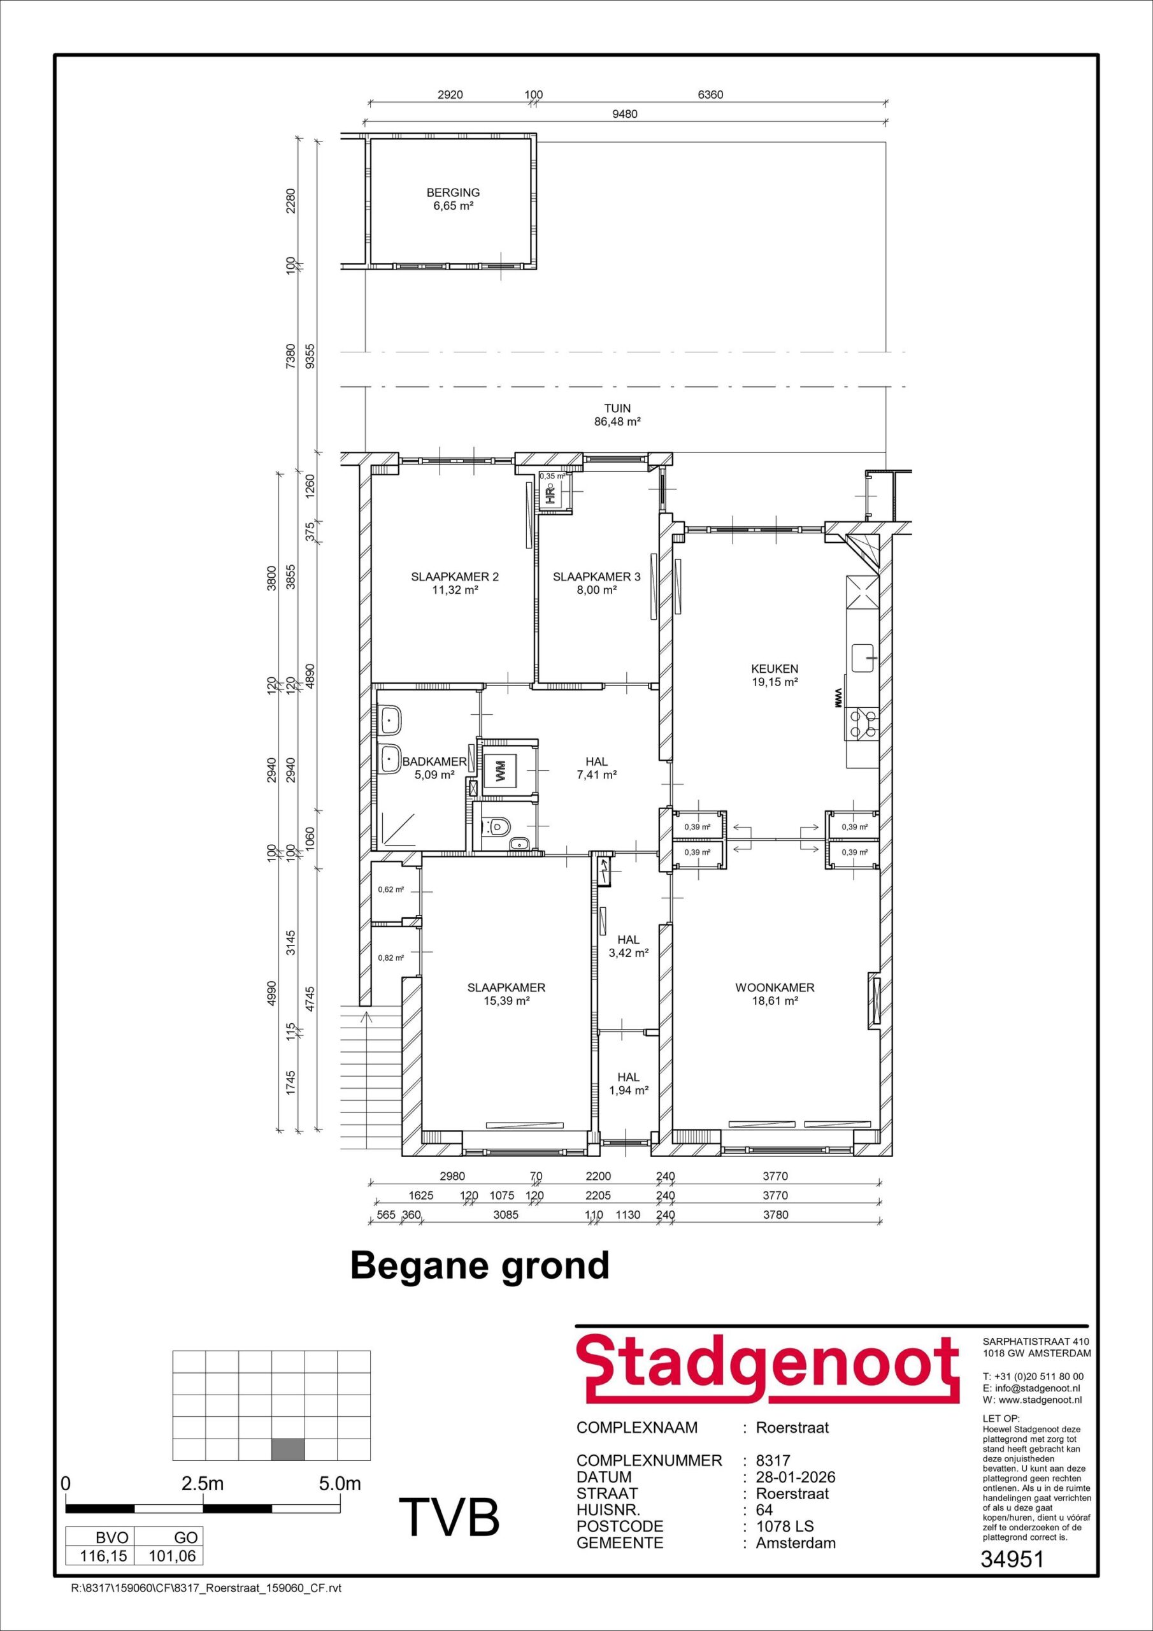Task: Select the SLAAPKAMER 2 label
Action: point(455,577)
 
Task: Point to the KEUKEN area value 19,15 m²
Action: point(775,682)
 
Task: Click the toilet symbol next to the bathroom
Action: point(499,826)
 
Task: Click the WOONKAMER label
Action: point(775,988)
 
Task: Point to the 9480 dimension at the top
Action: point(624,113)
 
